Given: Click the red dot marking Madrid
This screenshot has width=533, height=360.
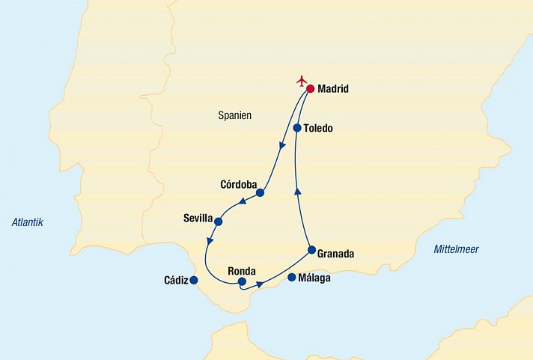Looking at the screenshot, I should tap(310, 88).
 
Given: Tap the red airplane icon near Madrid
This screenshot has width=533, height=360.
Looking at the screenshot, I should tap(302, 80).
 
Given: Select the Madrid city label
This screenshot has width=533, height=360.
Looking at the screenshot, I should tap(333, 89).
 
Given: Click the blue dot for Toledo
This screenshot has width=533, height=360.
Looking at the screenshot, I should tap(297, 128).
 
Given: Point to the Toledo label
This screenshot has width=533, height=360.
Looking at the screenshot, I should tap(318, 129).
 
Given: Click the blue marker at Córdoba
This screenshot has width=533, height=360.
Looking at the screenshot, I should tap(260, 192).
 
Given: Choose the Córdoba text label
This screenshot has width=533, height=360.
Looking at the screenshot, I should tap(239, 184).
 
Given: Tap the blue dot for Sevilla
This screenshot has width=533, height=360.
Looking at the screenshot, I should tap(219, 221).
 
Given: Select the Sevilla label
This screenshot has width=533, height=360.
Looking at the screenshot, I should tap(198, 219).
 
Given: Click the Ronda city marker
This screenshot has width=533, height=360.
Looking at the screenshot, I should tap(242, 281).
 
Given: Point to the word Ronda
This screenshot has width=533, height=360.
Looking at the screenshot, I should tap(243, 271).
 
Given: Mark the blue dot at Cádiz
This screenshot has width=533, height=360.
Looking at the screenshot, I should tap(194, 281).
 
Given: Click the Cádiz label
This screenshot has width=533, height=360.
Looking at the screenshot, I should tap(176, 281).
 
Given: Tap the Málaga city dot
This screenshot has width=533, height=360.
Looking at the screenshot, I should tap(292, 278).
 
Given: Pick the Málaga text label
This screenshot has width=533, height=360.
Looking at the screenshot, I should tap(314, 278).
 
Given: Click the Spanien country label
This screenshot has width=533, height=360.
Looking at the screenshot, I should tap(234, 116).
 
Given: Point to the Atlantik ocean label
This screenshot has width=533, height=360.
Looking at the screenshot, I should tap(28, 222).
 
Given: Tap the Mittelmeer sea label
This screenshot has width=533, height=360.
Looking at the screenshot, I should tap(456, 250).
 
